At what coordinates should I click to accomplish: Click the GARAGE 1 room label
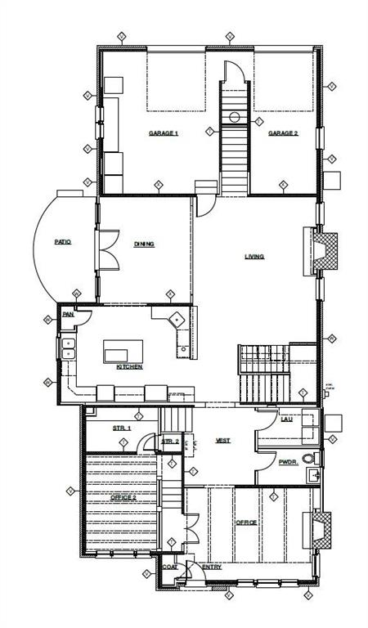(x=163, y=133)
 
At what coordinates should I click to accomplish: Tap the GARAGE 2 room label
(x=283, y=133)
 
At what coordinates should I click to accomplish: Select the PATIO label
(x=62, y=242)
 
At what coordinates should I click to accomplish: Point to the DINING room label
(x=144, y=244)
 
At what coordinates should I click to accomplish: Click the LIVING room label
(x=254, y=257)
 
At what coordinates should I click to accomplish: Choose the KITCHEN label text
(x=129, y=367)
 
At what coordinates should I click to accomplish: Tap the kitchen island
(x=123, y=352)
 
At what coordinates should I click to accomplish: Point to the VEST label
(x=222, y=441)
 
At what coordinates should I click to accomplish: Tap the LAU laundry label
(x=285, y=419)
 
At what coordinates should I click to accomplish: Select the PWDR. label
(x=286, y=462)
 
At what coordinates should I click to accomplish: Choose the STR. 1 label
(x=122, y=428)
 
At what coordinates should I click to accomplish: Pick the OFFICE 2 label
(x=124, y=497)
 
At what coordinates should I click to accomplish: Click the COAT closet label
(x=170, y=567)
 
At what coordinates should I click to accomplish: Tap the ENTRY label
(x=211, y=567)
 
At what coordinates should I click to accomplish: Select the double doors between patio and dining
(x=104, y=249)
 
